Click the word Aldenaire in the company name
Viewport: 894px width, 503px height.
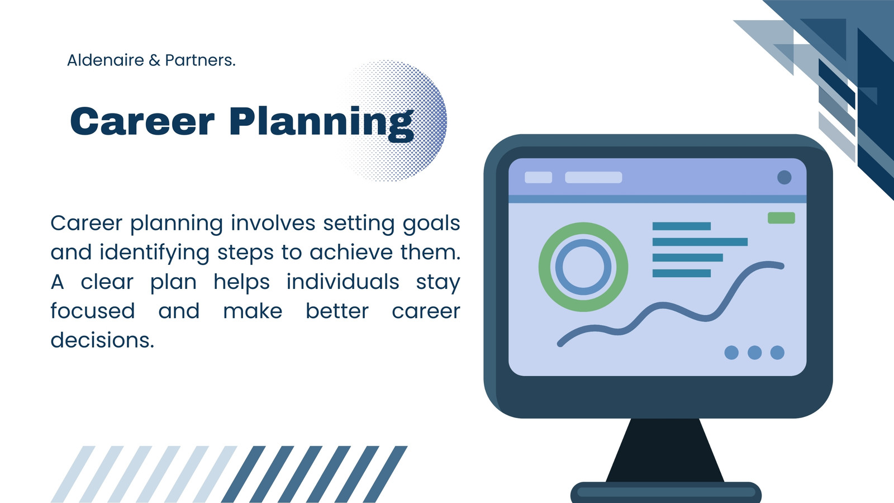106,60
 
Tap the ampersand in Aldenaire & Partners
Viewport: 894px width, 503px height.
154,61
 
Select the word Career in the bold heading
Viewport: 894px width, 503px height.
142,121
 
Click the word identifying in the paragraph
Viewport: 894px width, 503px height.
154,253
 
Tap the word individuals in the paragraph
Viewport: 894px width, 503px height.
343,282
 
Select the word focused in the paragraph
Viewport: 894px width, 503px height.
93,311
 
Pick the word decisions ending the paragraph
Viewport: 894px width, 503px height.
102,340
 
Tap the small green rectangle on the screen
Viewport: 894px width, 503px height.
782,218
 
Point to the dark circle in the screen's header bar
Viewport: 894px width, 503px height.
784,177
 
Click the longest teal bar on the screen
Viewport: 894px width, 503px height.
700,242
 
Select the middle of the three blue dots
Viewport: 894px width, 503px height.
754,353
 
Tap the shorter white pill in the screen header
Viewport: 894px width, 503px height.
538,177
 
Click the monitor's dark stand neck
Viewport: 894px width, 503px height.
665,450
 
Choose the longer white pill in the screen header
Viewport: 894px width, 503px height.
593,177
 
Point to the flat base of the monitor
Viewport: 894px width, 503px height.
665,492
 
